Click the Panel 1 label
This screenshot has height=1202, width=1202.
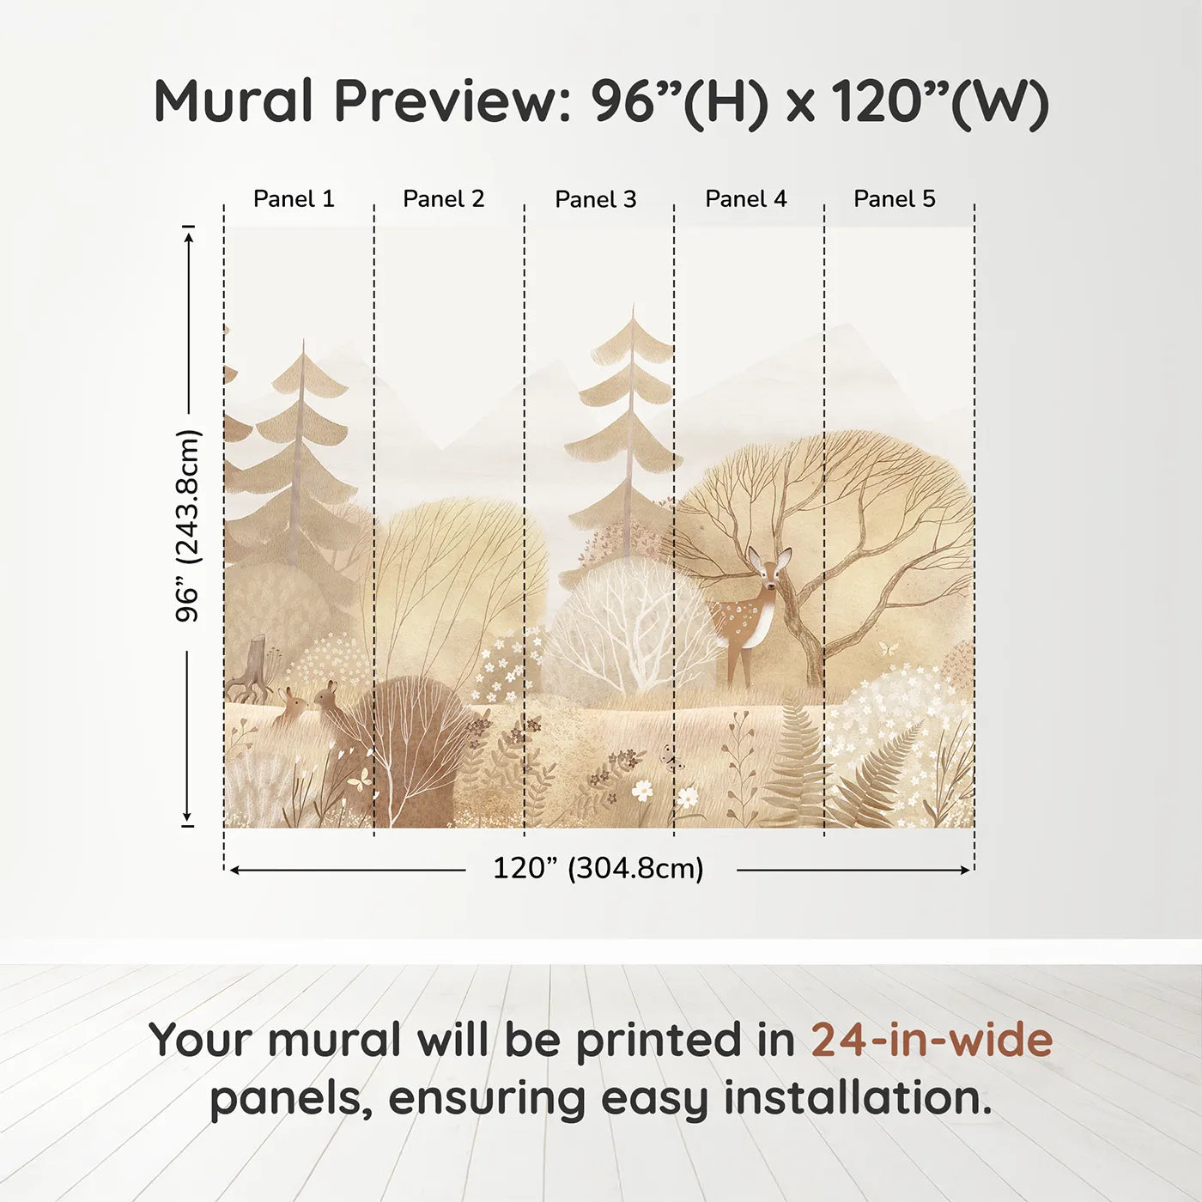[x=294, y=199]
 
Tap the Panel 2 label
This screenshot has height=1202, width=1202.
[x=444, y=199]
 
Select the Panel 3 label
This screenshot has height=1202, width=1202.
[x=596, y=199]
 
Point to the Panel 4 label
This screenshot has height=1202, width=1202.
[x=746, y=199]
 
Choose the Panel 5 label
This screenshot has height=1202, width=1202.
[x=895, y=199]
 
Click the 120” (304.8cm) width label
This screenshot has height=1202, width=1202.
[x=598, y=868]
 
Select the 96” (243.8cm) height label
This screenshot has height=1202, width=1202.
[x=188, y=525]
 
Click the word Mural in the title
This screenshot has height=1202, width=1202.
[x=233, y=101]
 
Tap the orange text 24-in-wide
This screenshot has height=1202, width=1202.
[x=932, y=1040]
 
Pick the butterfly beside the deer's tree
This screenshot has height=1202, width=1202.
[x=888, y=647]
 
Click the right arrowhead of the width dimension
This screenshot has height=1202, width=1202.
[x=966, y=870]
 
